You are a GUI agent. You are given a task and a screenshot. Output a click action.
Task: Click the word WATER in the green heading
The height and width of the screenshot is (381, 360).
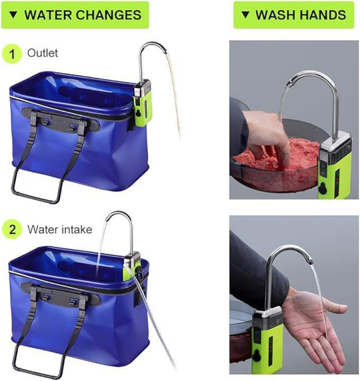47,15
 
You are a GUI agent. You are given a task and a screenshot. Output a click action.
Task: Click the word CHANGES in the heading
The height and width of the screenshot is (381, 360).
108,15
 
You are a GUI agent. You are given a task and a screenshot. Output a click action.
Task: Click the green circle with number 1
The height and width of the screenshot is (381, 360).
12,53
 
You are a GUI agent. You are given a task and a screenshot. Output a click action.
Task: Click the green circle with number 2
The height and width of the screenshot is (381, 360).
12,230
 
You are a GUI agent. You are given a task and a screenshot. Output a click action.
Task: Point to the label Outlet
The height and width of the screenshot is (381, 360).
43,53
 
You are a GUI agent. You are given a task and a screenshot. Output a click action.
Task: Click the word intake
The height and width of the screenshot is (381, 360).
78,230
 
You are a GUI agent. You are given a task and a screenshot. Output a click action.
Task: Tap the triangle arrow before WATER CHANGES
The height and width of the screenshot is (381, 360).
13,15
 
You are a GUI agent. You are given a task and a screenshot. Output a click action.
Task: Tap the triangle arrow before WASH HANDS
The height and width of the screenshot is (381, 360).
245,15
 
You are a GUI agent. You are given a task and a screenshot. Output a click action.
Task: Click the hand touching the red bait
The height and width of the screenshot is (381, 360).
267,136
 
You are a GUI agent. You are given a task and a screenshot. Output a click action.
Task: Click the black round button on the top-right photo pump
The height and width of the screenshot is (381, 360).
323,189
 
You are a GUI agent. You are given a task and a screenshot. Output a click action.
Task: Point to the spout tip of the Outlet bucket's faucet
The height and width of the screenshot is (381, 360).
165,51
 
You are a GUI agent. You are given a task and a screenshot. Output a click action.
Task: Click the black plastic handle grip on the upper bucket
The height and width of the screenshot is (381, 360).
61,120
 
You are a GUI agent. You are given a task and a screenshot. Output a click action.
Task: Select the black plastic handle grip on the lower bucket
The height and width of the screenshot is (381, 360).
61,295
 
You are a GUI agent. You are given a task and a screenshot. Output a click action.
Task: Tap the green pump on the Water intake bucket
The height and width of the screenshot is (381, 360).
132,268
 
